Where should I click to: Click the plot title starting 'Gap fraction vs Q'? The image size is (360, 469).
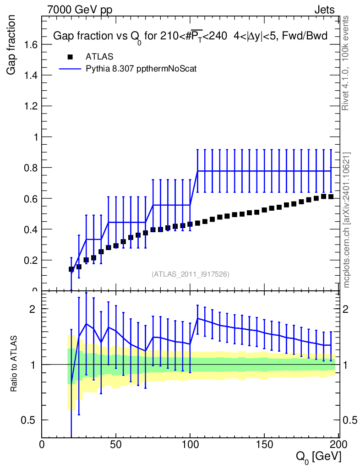coord(191,36)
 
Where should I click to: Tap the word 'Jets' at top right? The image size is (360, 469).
coord(324,10)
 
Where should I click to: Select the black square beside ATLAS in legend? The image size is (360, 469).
coord(70,57)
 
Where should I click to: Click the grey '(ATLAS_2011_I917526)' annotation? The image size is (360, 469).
coord(191,274)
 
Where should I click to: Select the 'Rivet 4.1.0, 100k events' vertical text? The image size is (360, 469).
coord(346,63)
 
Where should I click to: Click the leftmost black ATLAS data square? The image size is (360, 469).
coord(71,269)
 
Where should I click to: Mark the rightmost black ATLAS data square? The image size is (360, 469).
coord(331,196)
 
